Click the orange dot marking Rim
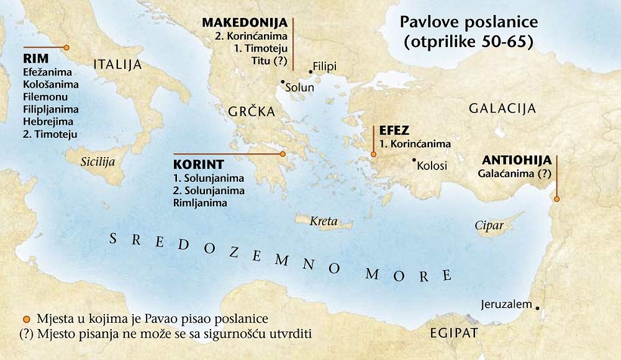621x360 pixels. (x=66, y=47)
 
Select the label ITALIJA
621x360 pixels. (x=117, y=65)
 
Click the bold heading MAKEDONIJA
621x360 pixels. (x=245, y=22)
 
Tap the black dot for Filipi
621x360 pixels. (x=310, y=71)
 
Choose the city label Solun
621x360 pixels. (x=299, y=88)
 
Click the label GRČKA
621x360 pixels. (x=252, y=112)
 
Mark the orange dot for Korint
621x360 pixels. (x=283, y=153)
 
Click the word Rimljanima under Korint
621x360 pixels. (x=201, y=202)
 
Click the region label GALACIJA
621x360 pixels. (x=502, y=109)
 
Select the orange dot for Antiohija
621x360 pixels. (x=556, y=199)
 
